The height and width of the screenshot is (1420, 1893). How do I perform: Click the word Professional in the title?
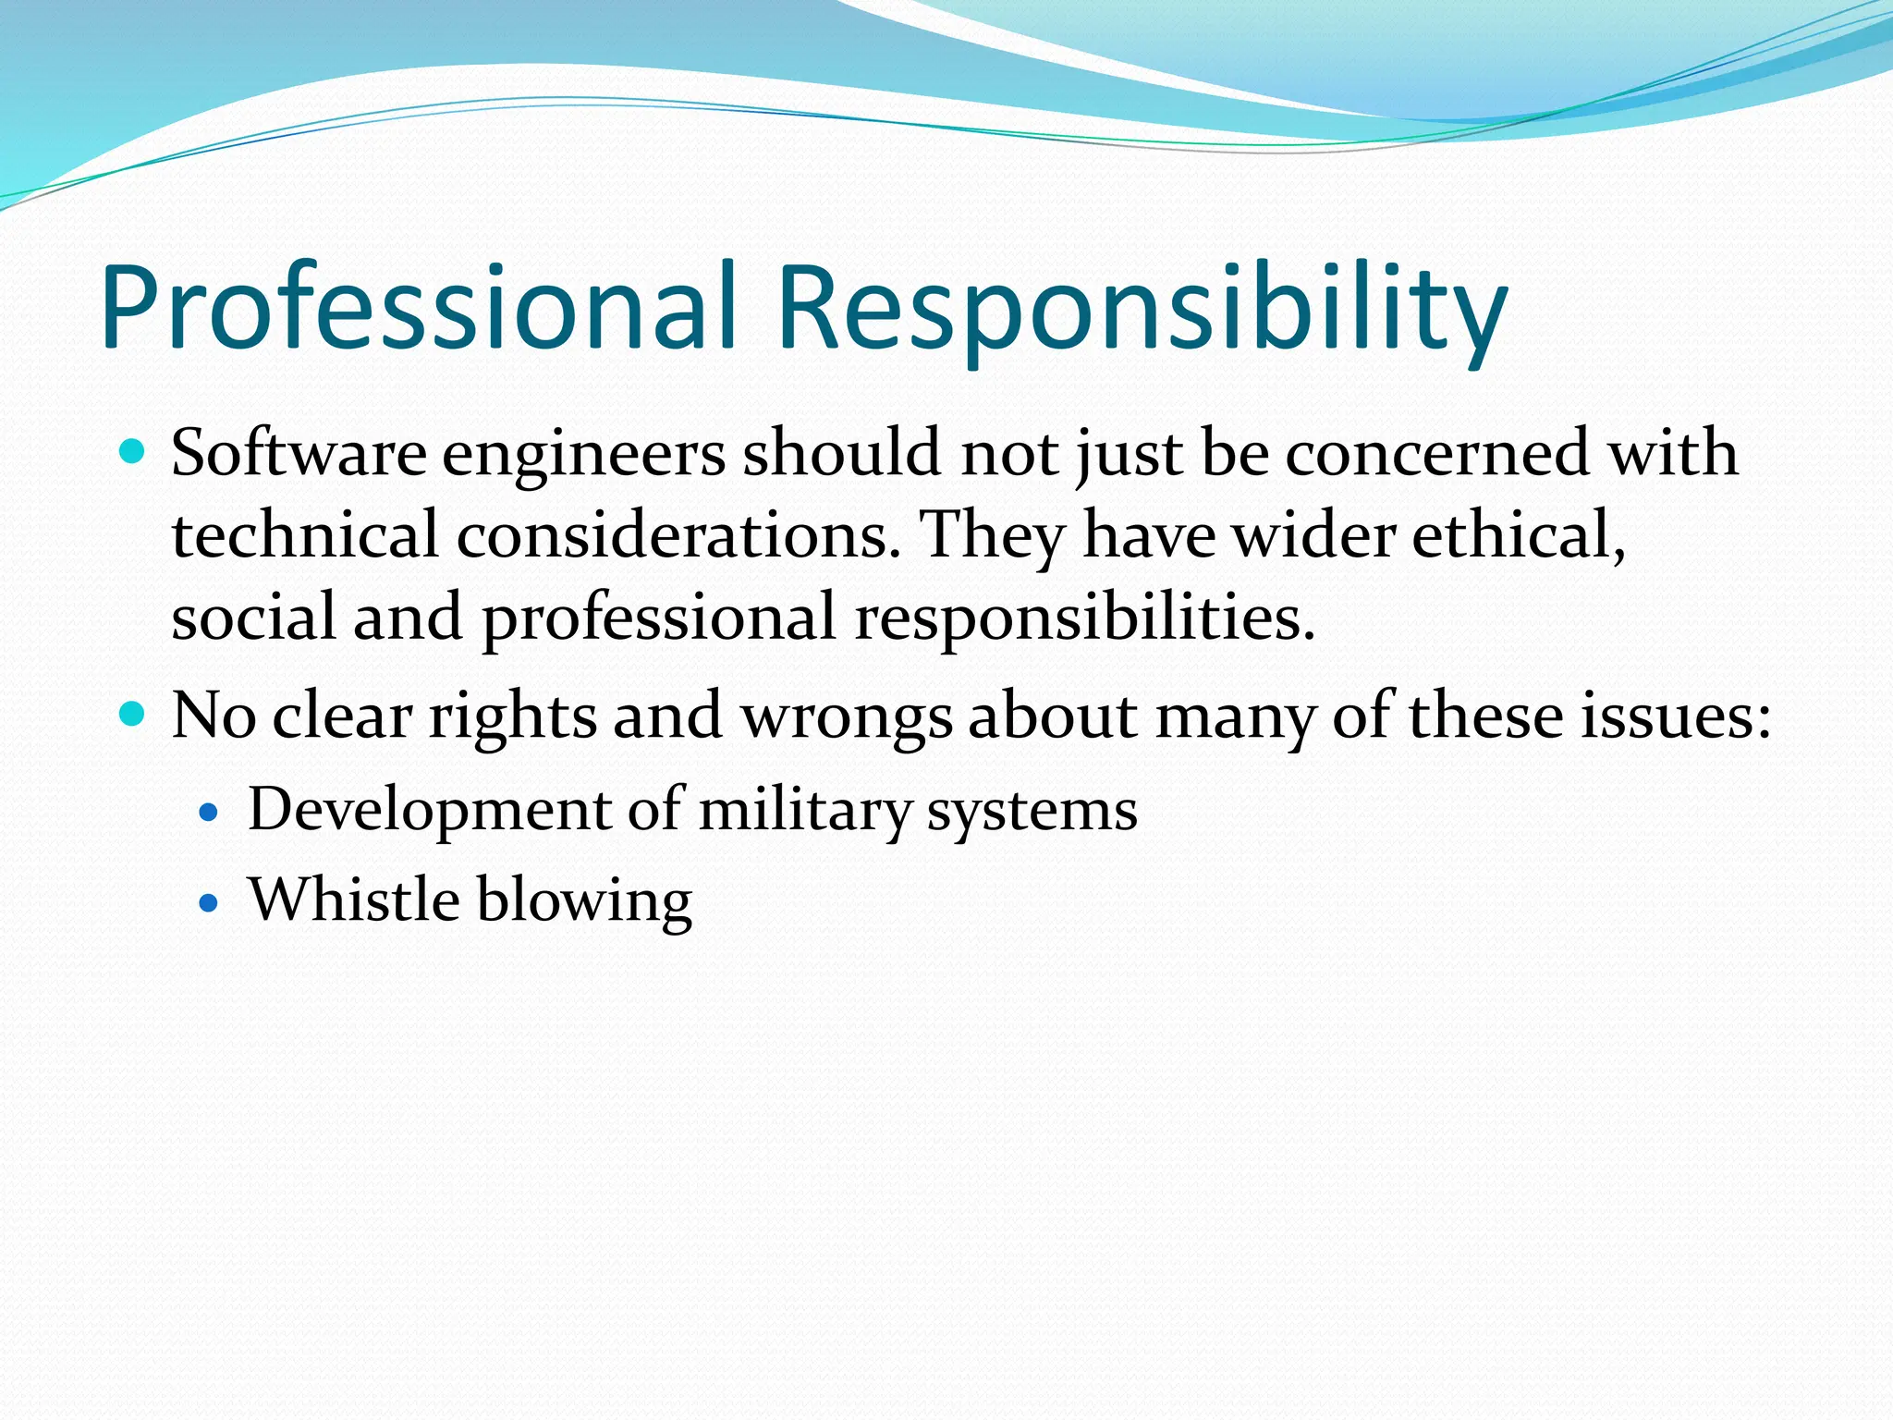pos(418,307)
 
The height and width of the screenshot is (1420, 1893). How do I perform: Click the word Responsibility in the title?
pos(1142,307)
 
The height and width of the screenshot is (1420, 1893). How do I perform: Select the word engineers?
pos(583,455)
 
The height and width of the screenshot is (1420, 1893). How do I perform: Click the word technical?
pos(305,535)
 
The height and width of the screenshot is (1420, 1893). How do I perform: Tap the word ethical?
pos(1519,535)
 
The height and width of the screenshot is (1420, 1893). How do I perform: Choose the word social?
pos(253,617)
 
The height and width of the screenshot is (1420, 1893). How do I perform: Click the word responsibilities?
pos(1084,618)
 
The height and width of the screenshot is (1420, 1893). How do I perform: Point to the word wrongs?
pos(847,716)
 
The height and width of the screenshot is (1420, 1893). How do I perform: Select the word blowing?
pos(584,900)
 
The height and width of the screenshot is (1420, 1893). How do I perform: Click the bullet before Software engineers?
pos(133,453)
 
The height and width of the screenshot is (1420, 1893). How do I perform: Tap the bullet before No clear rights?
pos(133,715)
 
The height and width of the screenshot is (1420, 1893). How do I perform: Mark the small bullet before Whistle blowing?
pos(209,902)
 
